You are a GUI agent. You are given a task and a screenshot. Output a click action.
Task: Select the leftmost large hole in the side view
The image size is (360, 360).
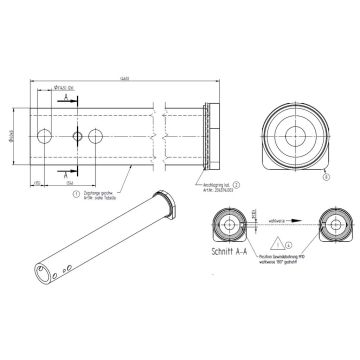43,135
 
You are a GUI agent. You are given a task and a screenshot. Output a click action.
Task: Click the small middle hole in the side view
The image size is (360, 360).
77,135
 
